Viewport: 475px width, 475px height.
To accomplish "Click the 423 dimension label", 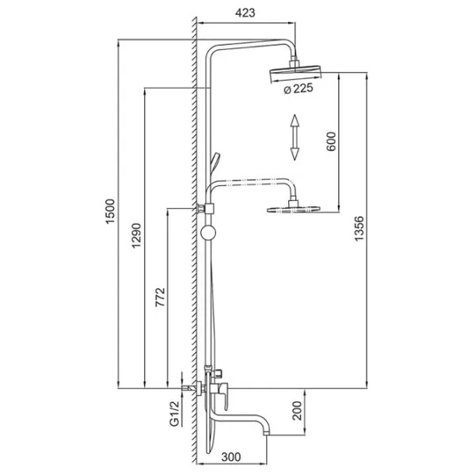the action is coord(245,13).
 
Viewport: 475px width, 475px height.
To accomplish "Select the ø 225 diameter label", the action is coord(298,89).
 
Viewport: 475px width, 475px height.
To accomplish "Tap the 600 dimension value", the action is coord(331,141).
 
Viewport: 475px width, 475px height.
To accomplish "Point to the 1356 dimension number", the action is coord(359,228).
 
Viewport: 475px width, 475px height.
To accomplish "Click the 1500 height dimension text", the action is coord(110,211).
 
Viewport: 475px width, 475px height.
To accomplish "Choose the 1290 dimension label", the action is coord(136,235).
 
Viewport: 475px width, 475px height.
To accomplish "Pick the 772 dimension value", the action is coord(160,297).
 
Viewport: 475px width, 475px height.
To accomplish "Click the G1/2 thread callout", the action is coord(175,413).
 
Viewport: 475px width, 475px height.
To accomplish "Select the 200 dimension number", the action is coord(297,411).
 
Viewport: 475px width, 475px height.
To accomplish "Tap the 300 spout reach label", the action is coord(231,457).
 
